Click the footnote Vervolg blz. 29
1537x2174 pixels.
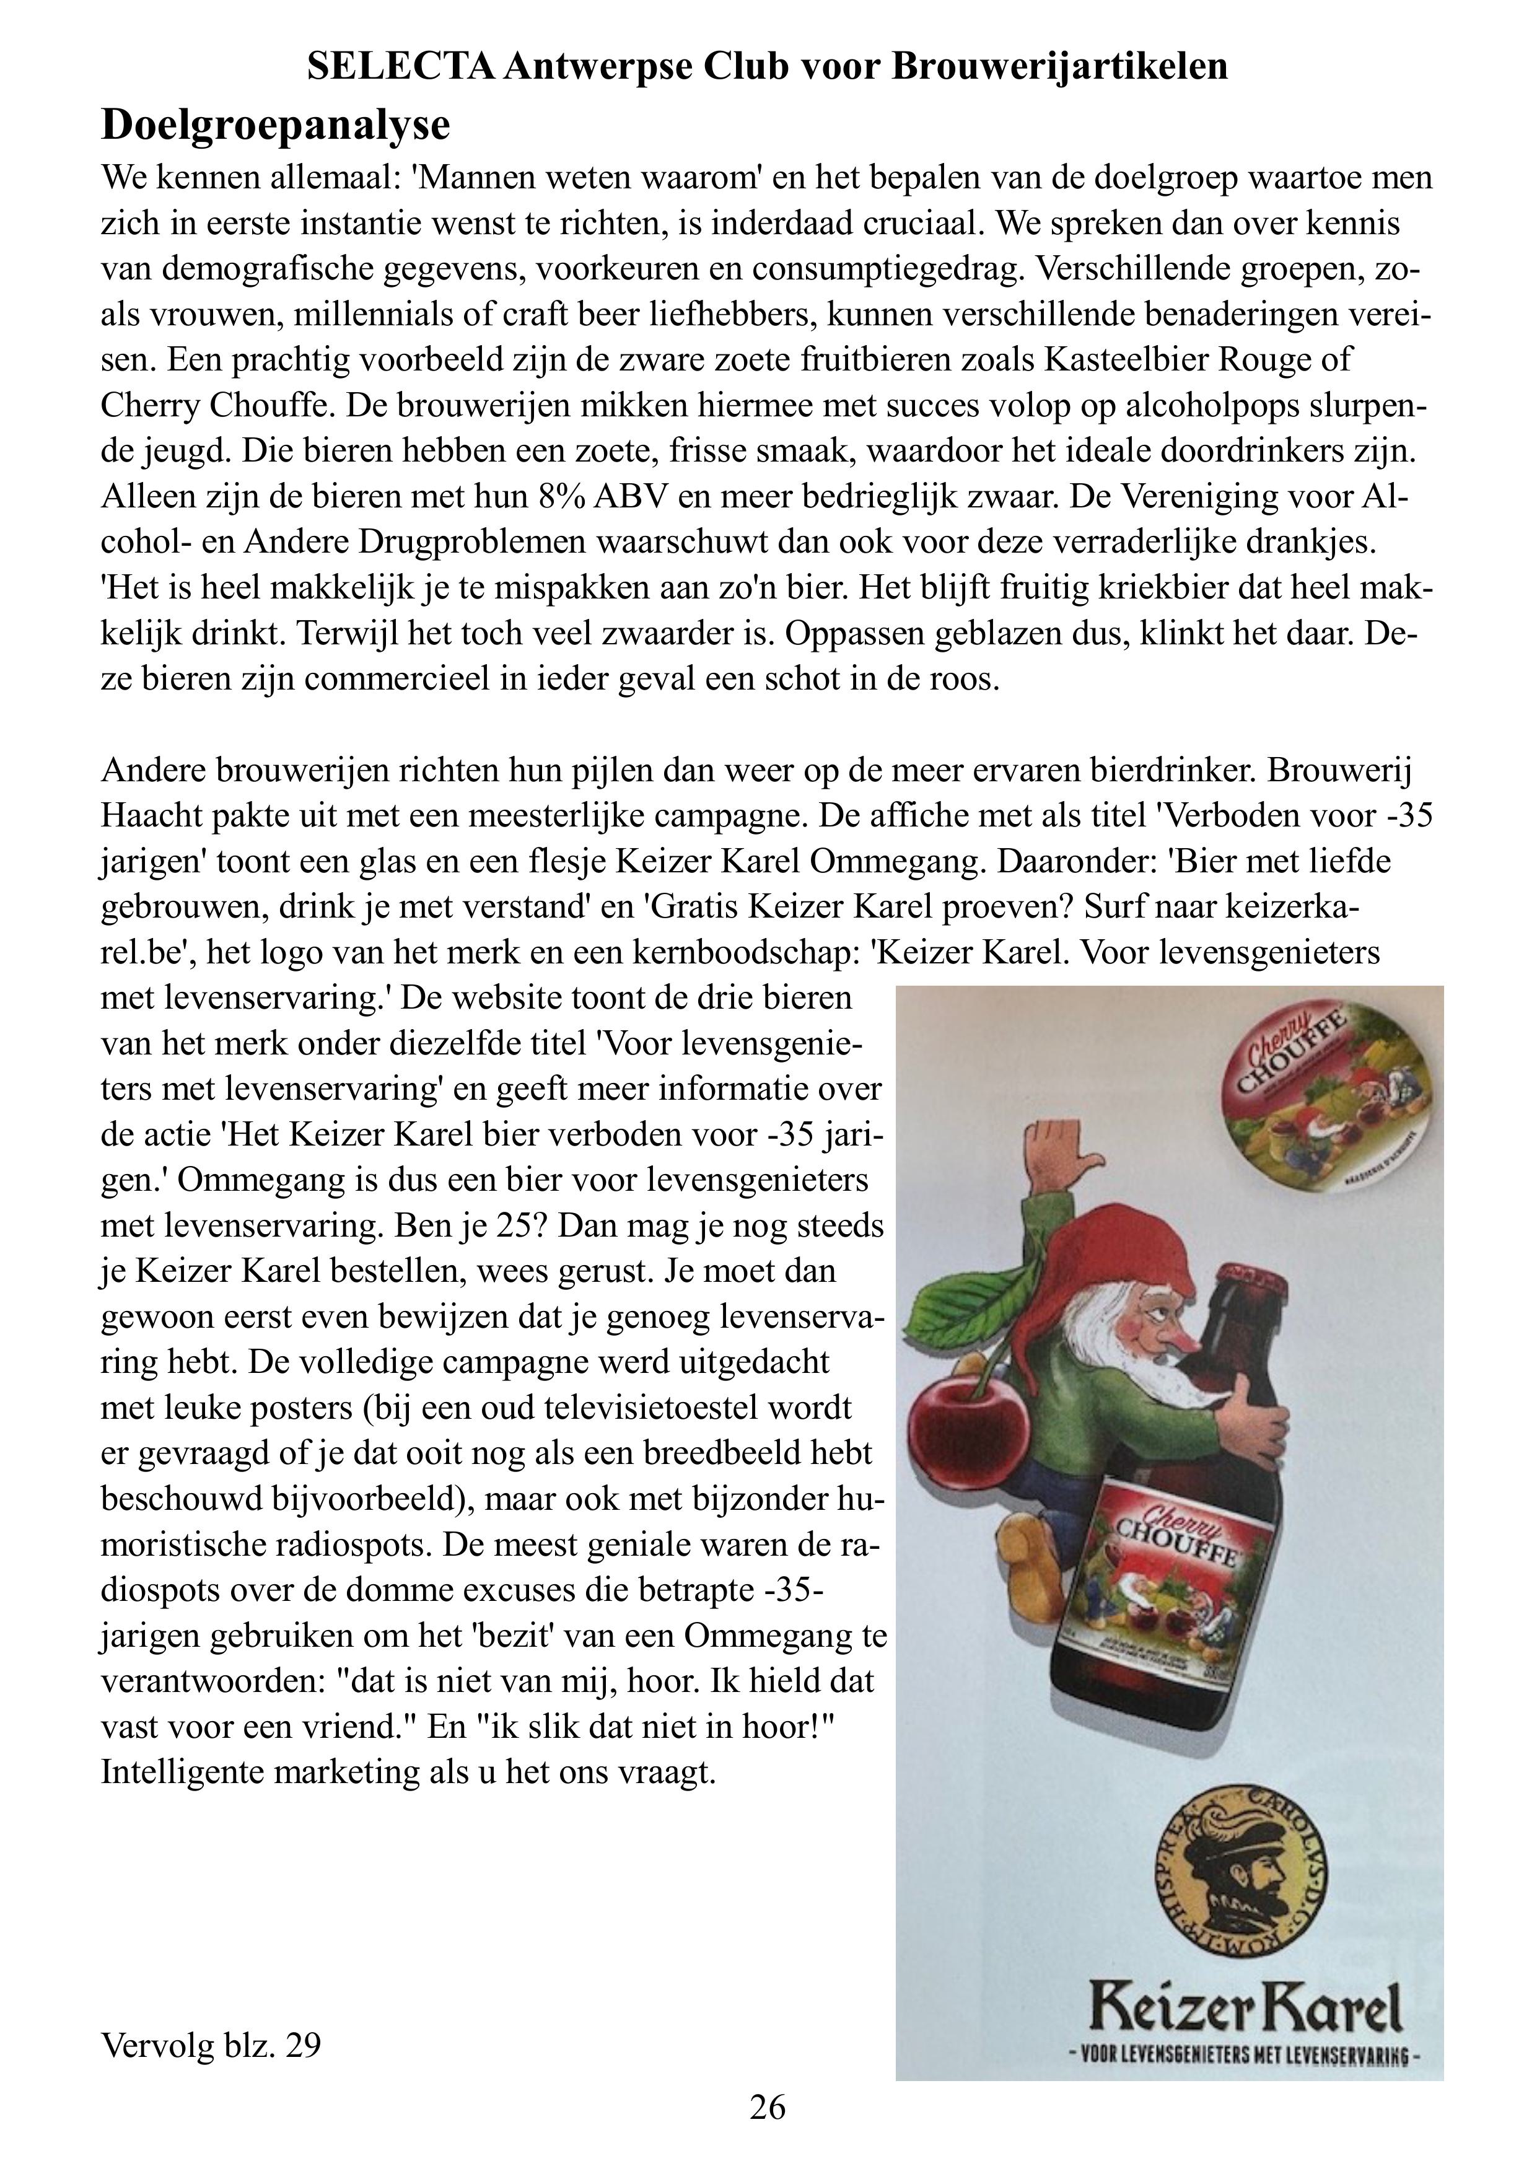(210, 2046)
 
